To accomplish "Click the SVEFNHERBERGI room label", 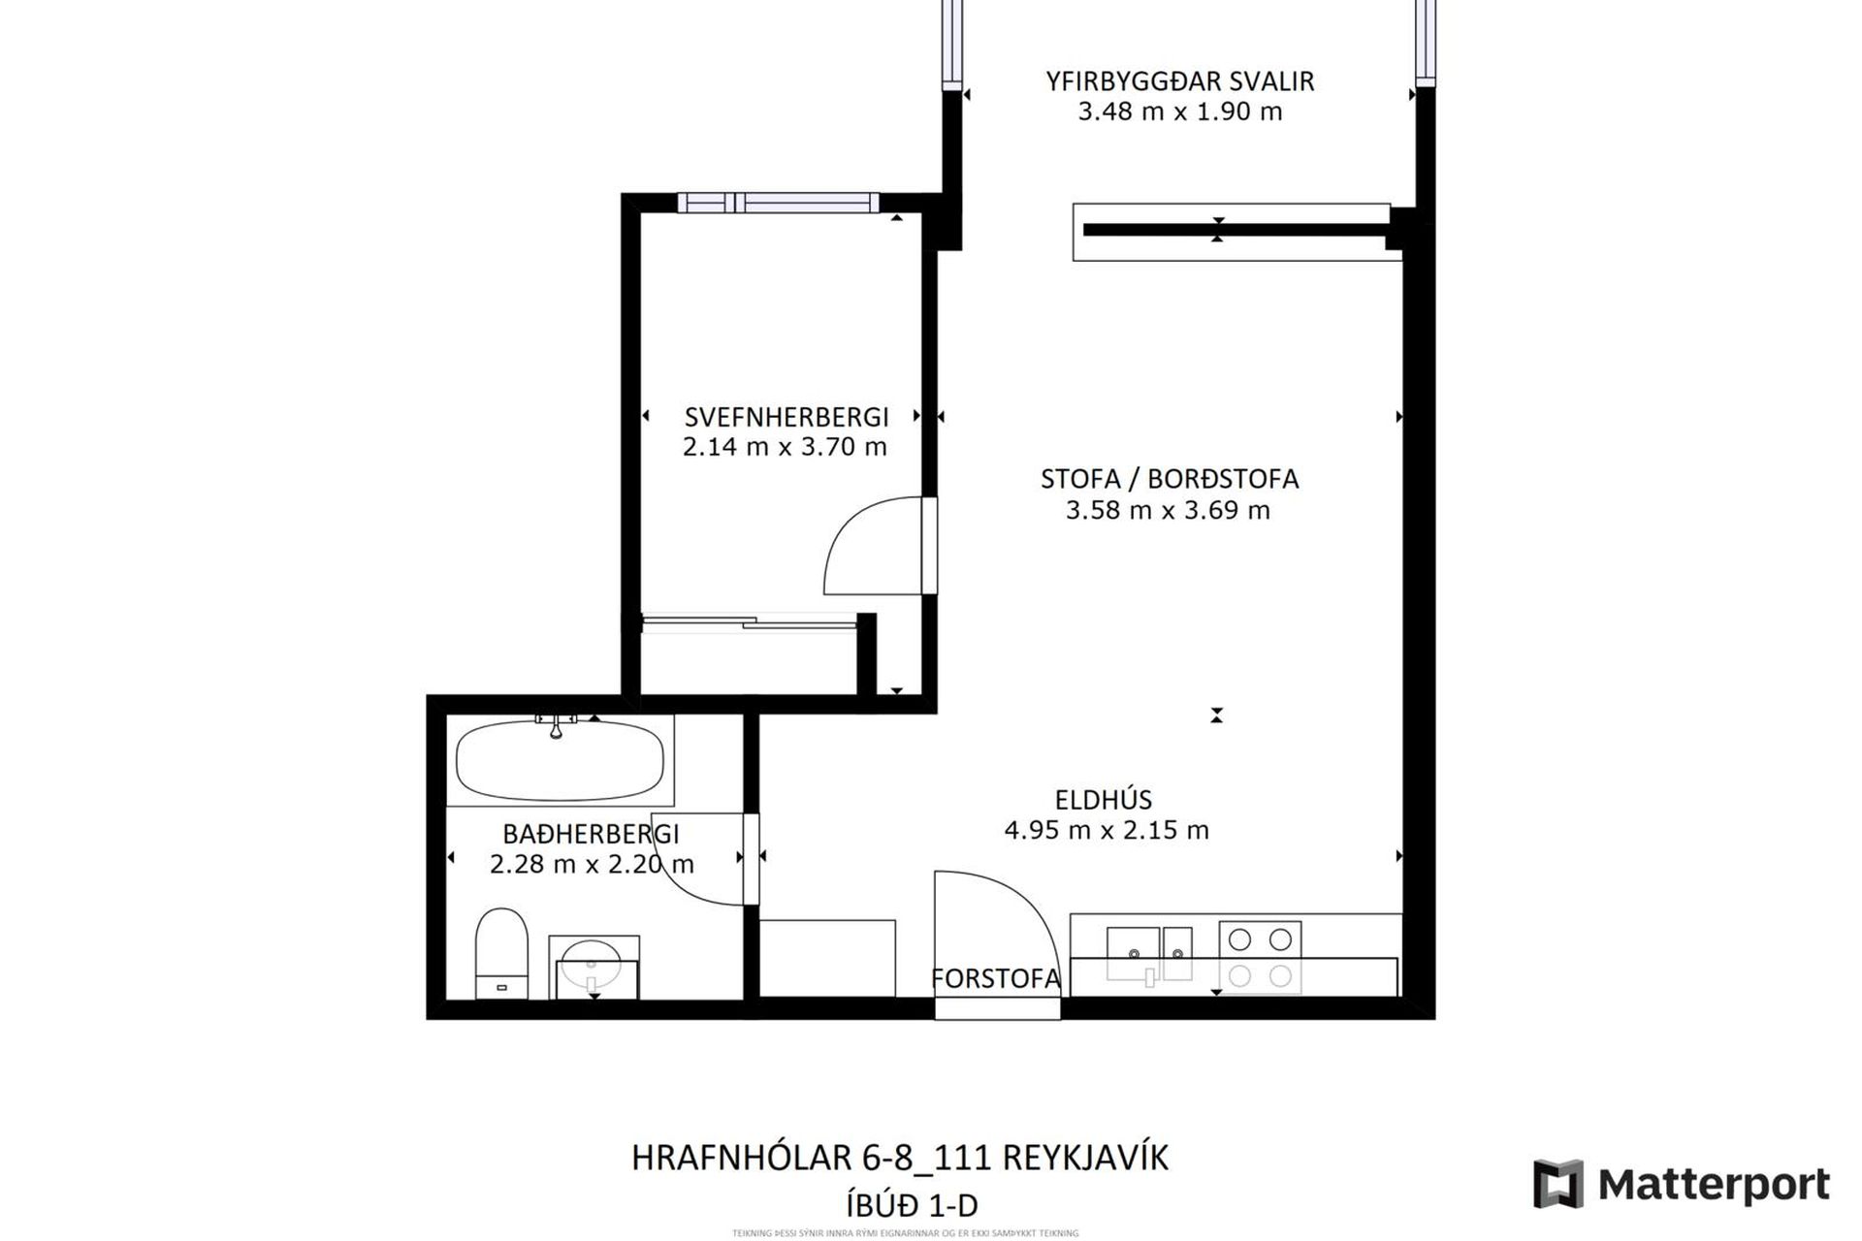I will tap(787, 417).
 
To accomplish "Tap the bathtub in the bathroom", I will tap(560, 760).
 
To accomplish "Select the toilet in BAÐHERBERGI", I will tap(501, 952).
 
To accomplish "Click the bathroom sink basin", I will tap(592, 964).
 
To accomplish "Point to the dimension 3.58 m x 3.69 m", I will tap(1168, 510).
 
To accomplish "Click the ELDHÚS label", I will tap(1104, 800).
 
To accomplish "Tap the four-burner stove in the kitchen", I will tap(1260, 957).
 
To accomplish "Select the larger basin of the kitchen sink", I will tap(1133, 952).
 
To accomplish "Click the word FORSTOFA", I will tap(995, 979).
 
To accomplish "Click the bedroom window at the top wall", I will tap(778, 203).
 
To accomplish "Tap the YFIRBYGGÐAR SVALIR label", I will tap(1179, 81).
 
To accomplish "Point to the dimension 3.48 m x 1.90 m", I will tap(1179, 111).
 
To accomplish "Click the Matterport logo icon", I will tap(1557, 1184).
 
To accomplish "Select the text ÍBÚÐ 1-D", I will tap(912, 1206).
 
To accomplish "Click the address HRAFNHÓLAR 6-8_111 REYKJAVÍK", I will tap(900, 1158).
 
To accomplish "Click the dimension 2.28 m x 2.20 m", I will tap(592, 864).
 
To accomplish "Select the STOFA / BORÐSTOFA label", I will tap(1169, 479).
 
